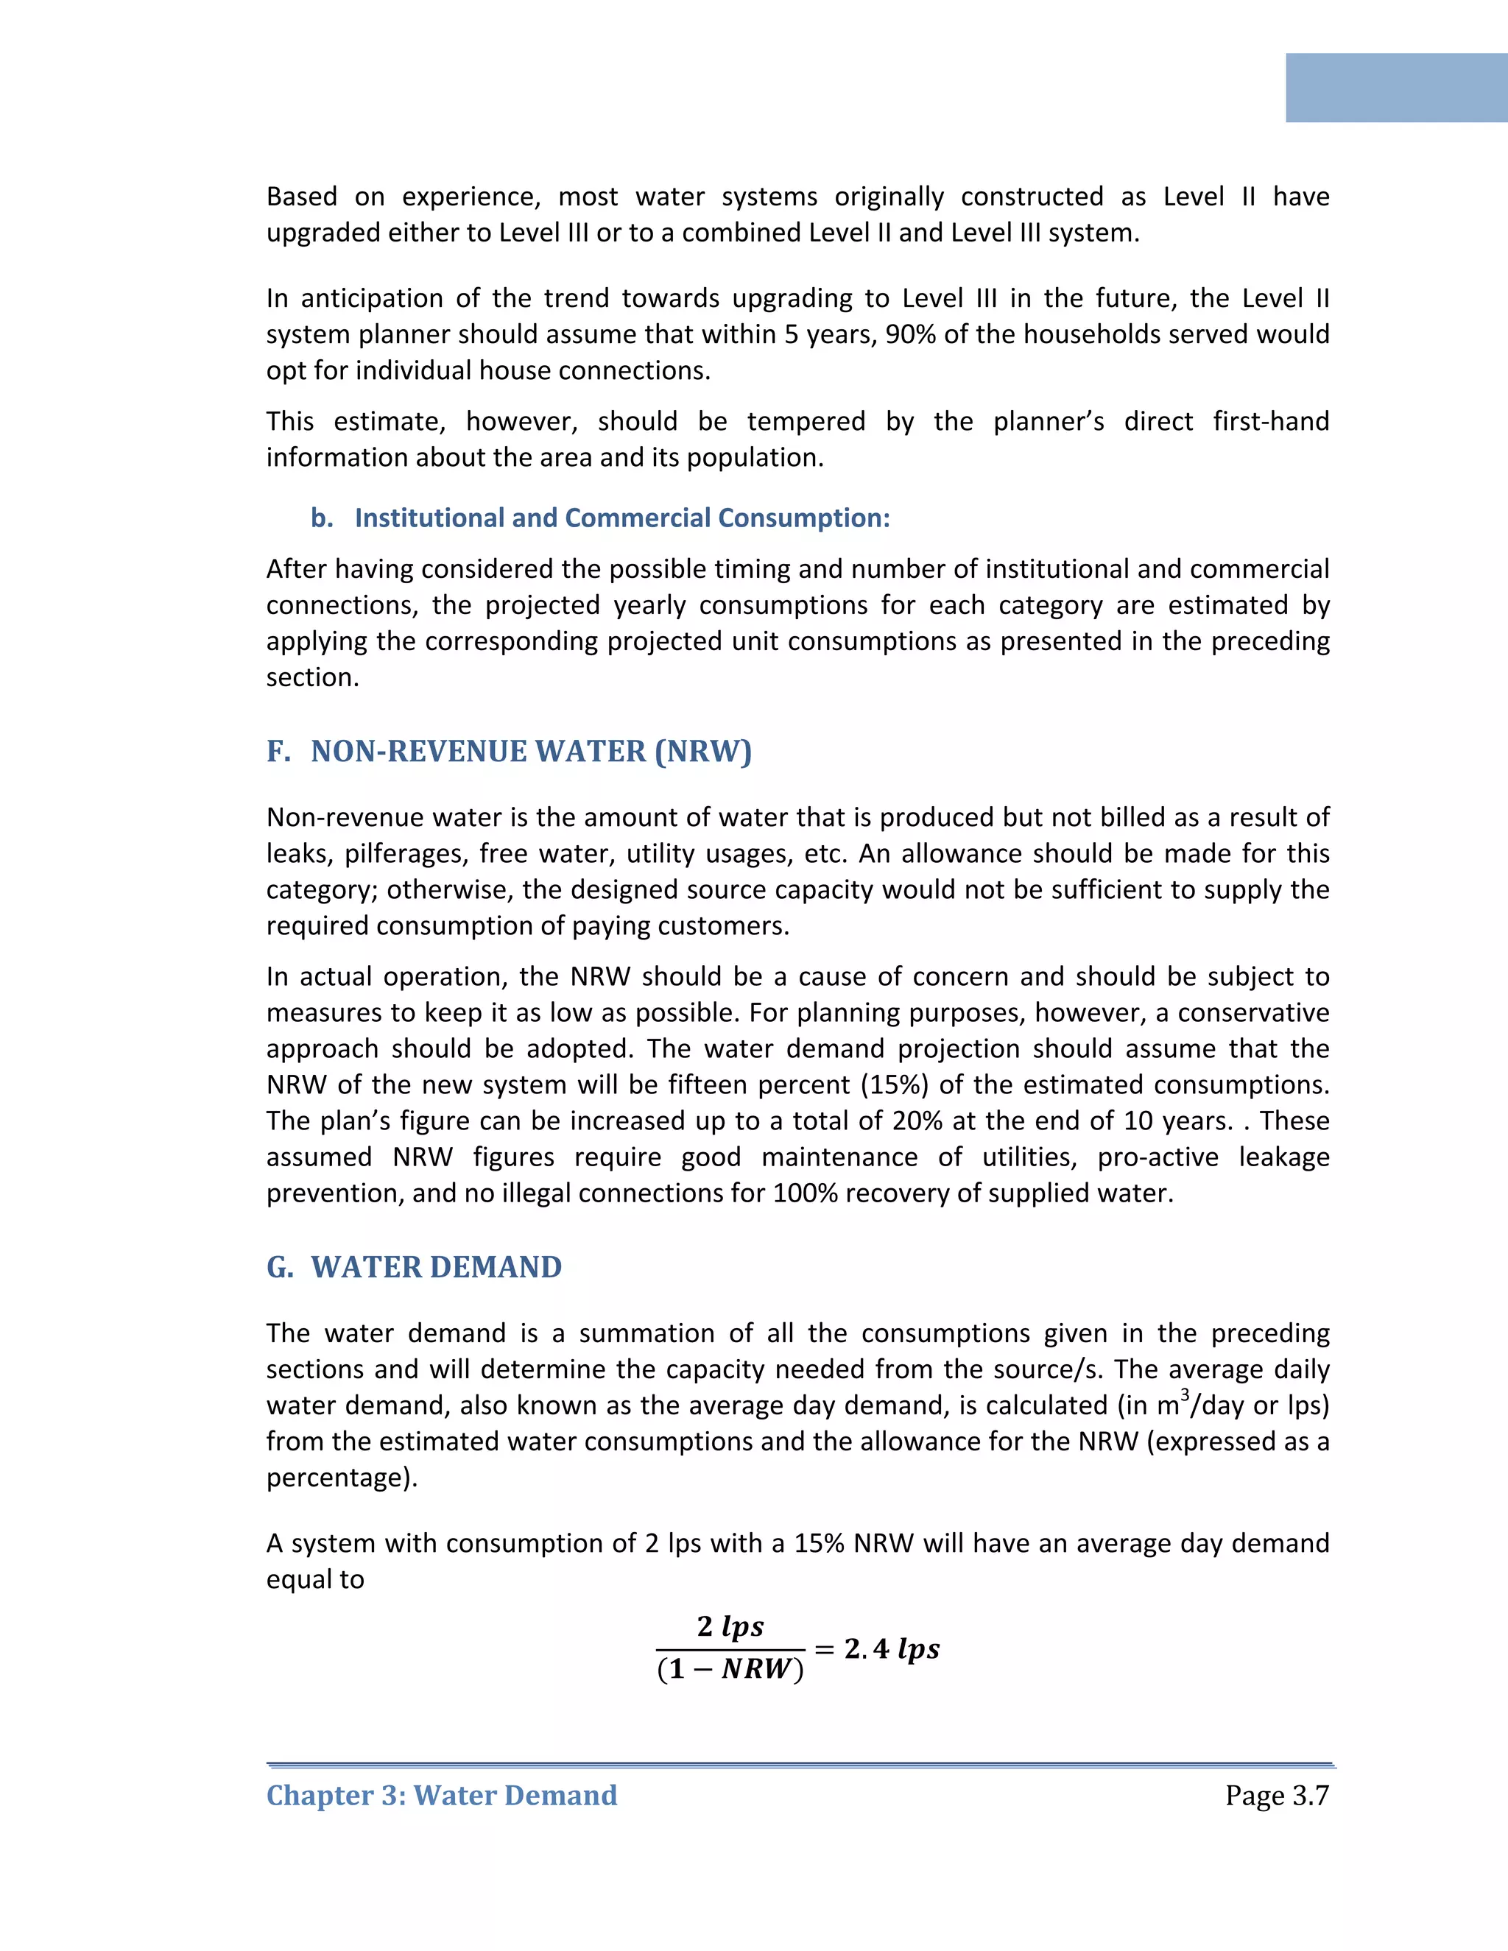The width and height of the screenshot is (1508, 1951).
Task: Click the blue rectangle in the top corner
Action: coord(1396,88)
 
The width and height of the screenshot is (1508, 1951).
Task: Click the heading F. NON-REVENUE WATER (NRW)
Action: coord(510,751)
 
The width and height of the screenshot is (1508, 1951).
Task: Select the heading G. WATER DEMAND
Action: coord(415,1267)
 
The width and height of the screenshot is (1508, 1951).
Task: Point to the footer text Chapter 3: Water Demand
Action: coord(441,1795)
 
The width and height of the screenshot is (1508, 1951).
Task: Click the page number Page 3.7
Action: coord(1277,1795)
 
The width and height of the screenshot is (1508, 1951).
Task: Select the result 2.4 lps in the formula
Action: coord(892,1648)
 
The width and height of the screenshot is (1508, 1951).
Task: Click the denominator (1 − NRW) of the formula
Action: coord(730,1669)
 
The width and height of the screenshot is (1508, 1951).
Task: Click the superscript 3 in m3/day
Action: coord(1185,1394)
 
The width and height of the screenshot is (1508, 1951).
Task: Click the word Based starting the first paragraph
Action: coord(301,197)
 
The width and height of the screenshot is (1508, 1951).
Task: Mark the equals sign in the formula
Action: coord(824,1649)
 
